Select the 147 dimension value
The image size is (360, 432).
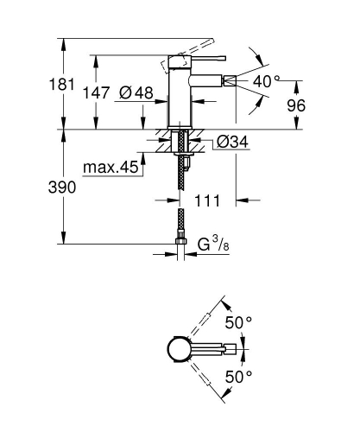point(97,95)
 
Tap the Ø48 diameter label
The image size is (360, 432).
point(136,94)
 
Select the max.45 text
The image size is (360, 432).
point(112,167)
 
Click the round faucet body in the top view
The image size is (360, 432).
point(176,349)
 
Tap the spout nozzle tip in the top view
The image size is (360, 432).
point(231,349)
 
